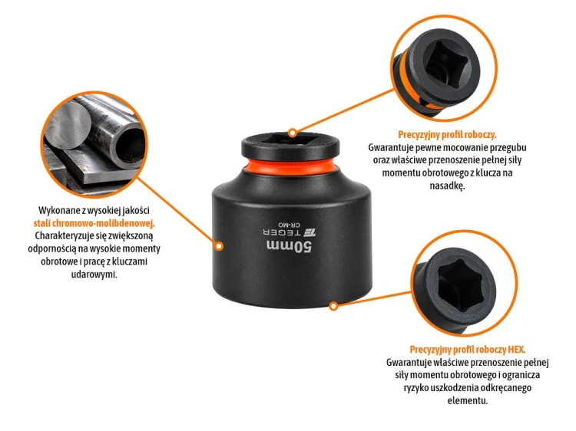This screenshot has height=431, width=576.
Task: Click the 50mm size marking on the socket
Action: point(290,247)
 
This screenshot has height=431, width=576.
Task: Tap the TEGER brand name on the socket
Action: point(282,232)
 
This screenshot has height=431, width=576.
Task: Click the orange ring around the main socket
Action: point(290,166)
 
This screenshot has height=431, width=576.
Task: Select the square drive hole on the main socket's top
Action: point(290,138)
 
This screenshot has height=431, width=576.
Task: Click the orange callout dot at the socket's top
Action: point(293,133)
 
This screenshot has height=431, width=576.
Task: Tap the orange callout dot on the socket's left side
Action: point(219,245)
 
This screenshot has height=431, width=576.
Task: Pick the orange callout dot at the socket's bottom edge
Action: point(333,305)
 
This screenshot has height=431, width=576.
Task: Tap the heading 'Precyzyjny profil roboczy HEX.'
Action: point(467,349)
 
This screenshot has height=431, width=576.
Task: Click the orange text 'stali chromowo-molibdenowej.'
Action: point(94,223)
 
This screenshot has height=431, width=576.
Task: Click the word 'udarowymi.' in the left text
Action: point(94,274)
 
